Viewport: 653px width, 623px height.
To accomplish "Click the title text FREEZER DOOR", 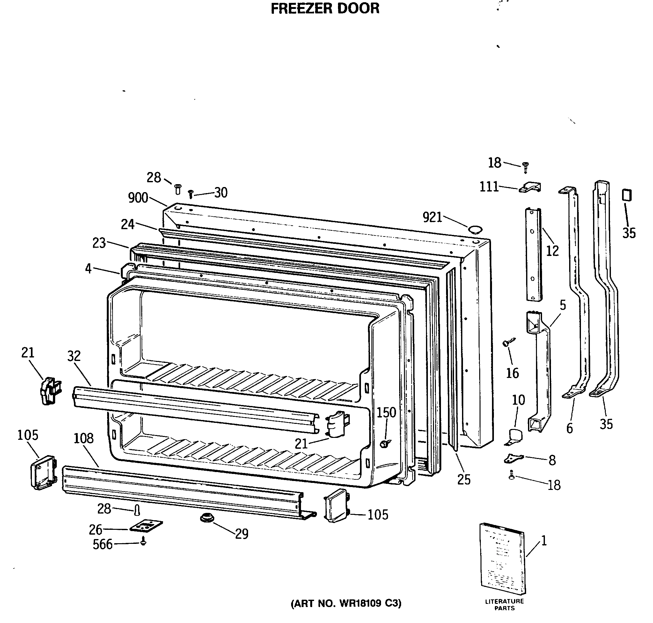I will [325, 9].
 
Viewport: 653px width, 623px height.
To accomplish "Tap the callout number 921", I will [432, 218].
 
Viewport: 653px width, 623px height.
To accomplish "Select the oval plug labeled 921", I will [475, 229].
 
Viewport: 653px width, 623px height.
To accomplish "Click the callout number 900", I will [138, 198].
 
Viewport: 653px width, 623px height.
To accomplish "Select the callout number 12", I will [552, 251].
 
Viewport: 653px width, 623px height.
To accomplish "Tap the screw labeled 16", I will [509, 342].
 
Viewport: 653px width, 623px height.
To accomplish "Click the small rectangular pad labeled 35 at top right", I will [627, 195].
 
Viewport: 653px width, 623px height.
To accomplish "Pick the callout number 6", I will [569, 429].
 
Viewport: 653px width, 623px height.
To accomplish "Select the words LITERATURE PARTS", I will [504, 604].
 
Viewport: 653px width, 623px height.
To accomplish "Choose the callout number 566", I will [103, 544].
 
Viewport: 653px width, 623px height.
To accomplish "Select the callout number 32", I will [74, 356].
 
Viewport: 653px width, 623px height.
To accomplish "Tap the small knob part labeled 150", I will [385, 443].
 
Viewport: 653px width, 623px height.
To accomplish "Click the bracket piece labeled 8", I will [513, 459].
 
